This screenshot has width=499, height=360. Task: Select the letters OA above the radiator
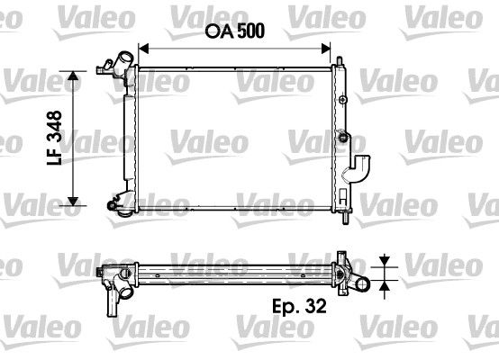[x=213, y=30]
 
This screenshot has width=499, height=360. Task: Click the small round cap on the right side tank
[x=342, y=138]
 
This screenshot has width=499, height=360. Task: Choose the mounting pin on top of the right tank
[x=340, y=61]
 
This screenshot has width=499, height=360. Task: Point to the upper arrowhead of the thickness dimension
[x=385, y=262]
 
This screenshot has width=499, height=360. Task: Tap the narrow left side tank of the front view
[x=130, y=135]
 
